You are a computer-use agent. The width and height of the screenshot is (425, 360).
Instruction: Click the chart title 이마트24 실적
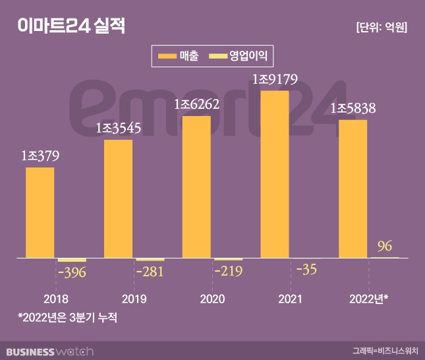click(71, 27)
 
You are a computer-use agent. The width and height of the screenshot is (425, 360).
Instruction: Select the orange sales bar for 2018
click(40, 212)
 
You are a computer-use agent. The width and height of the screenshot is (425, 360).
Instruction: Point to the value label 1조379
click(40, 156)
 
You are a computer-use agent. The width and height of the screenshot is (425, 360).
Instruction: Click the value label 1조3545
click(119, 129)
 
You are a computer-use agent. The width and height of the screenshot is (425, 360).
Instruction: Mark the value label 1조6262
click(196, 104)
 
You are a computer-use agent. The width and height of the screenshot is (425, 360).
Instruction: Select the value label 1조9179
click(275, 79)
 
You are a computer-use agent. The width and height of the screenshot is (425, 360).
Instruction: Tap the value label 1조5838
click(353, 108)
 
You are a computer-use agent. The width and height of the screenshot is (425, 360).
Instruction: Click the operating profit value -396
click(72, 273)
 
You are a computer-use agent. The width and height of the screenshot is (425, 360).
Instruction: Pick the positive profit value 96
click(385, 247)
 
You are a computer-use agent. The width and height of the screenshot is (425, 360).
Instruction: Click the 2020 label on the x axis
click(211, 299)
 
